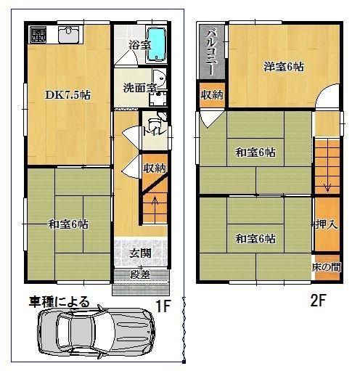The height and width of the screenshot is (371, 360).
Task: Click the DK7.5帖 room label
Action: point(67,94)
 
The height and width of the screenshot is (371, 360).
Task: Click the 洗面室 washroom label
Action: point(139,89)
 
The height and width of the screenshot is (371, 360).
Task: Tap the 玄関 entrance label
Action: point(140,253)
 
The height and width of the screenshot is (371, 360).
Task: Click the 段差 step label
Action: point(140,274)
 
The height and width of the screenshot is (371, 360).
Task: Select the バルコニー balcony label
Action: point(211,49)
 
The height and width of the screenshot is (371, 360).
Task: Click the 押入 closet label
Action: point(325,224)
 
